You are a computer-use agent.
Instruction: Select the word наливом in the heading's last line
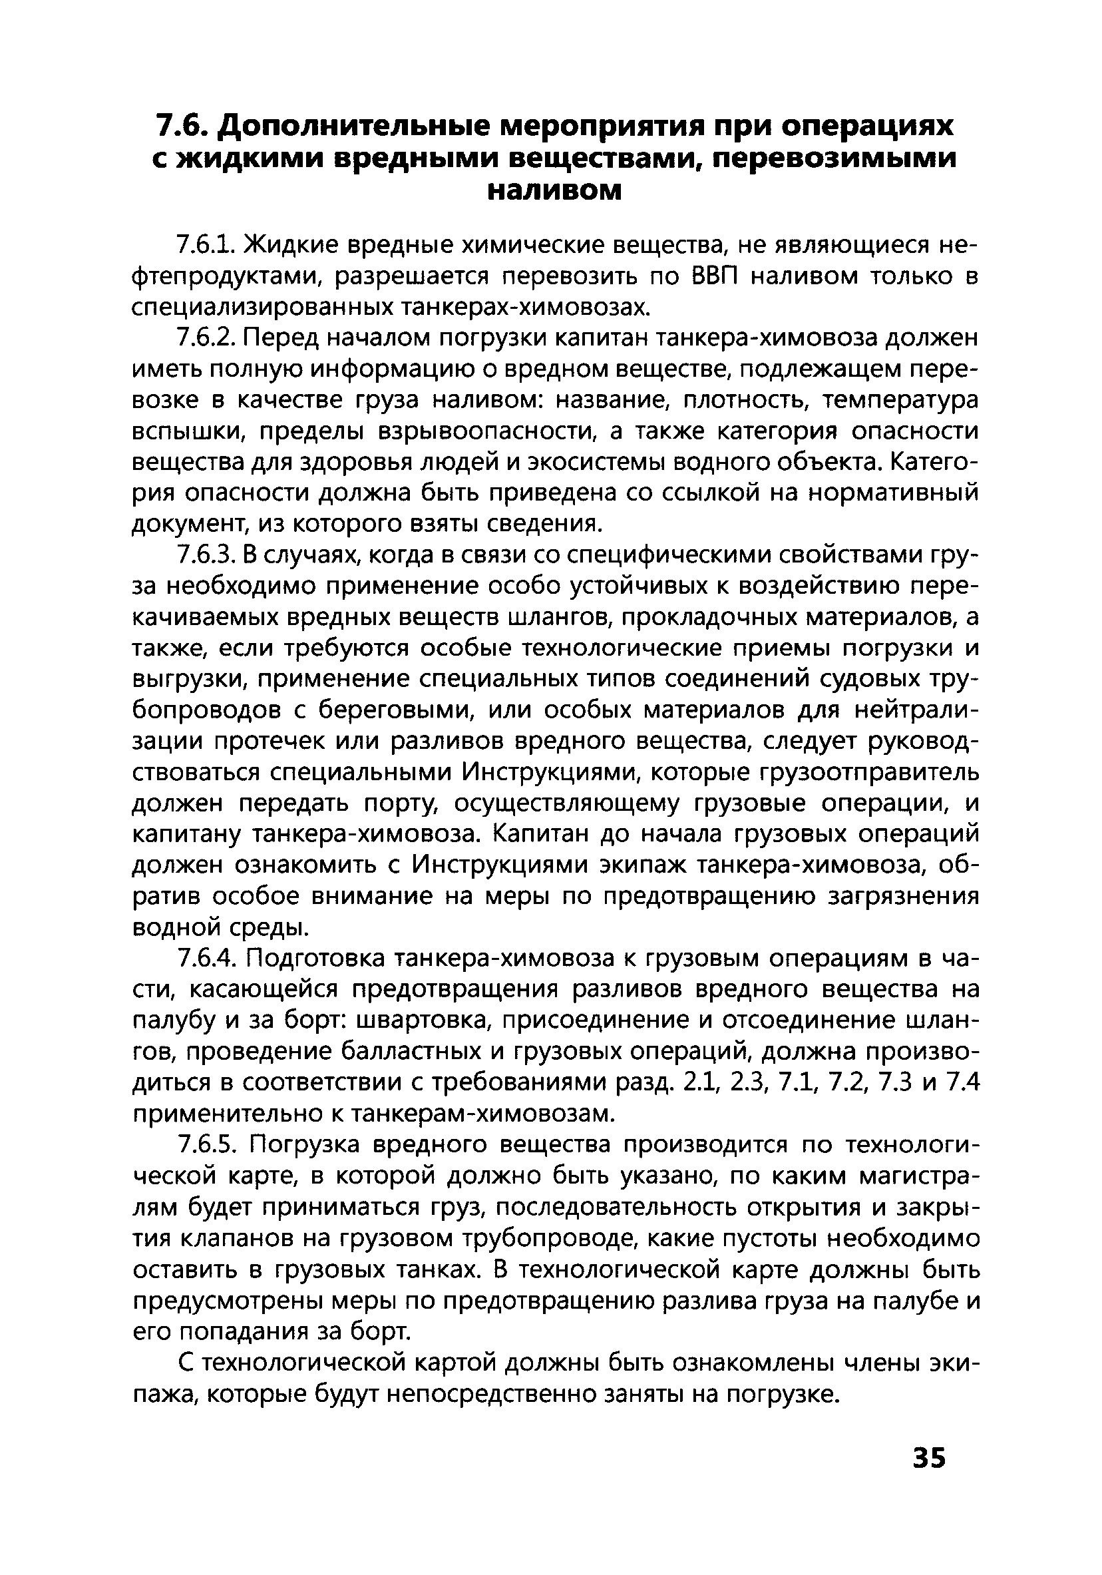554,189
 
